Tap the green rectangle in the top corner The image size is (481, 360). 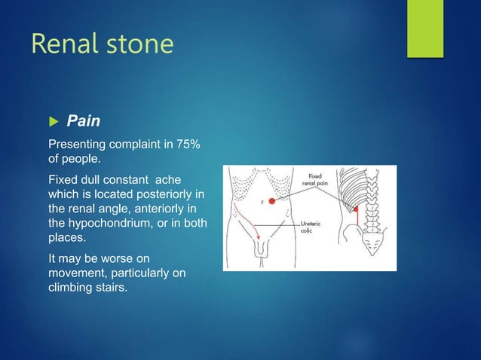click(x=425, y=28)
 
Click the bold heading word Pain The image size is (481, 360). click(x=83, y=121)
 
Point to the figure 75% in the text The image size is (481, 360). click(x=186, y=144)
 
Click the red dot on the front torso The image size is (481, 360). click(x=272, y=202)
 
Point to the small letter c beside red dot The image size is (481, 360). click(x=262, y=202)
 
